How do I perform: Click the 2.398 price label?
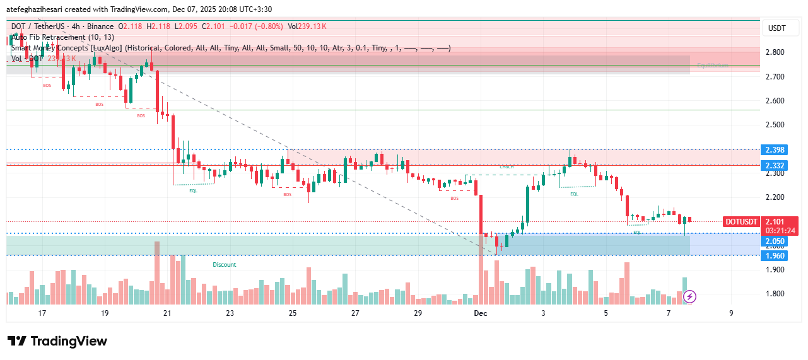775,150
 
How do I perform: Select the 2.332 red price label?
775,165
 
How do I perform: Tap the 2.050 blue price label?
775,241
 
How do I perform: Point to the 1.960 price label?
775,256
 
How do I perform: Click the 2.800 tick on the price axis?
775,52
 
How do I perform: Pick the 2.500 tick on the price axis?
775,125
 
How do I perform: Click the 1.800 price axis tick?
775,294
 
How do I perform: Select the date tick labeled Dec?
481,313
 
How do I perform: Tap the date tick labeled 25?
293,313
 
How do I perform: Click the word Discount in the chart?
224,265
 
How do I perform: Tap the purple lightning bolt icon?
689,296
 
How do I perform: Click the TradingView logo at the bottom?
57,341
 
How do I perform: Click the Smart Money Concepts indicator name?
66,48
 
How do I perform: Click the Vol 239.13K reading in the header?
307,26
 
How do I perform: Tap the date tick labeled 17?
42,313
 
